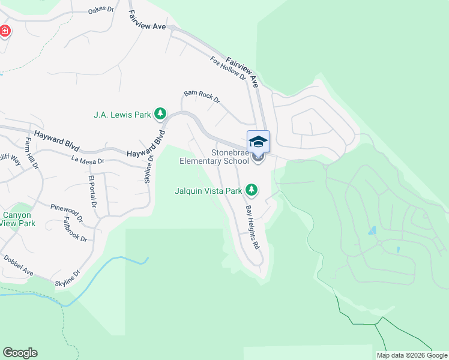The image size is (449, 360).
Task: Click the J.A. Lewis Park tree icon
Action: [x=160, y=113]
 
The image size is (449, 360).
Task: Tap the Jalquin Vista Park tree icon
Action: [x=252, y=191]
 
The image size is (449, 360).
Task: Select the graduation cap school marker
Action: [x=258, y=142]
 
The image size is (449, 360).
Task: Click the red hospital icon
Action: [x=4, y=31]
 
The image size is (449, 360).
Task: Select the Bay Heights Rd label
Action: [x=253, y=227]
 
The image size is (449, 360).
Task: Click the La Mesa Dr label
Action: [x=88, y=161]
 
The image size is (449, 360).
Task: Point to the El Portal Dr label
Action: [x=92, y=192]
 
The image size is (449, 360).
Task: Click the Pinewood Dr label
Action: [x=67, y=209]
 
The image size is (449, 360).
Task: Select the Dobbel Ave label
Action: [x=19, y=265]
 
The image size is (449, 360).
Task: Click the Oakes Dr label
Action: [x=100, y=10]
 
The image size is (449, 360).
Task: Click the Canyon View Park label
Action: [x=18, y=219]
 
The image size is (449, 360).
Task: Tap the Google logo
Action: [x=20, y=353]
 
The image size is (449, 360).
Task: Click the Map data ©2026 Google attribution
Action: [x=412, y=355]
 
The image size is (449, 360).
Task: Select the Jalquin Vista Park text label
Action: [x=208, y=191]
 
